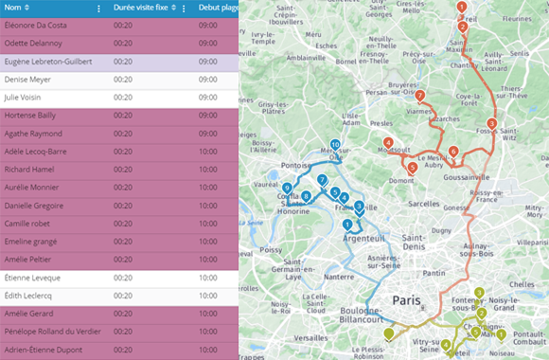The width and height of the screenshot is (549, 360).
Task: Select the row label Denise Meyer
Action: tap(27, 80)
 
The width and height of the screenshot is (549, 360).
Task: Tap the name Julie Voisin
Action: tap(24, 98)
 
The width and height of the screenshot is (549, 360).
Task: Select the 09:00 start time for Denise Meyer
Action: tap(208, 80)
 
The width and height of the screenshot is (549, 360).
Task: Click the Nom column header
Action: tap(12, 8)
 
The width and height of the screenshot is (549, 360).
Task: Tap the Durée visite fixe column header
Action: tap(144, 8)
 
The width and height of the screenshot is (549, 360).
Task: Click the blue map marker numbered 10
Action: tap(335, 146)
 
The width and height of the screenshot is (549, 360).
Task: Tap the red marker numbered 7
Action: tap(418, 96)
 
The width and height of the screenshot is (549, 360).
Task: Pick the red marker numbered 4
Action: tap(388, 142)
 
